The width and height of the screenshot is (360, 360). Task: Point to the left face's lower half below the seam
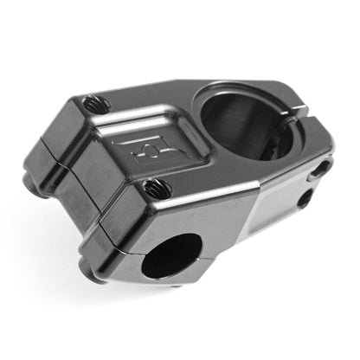(78, 216)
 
